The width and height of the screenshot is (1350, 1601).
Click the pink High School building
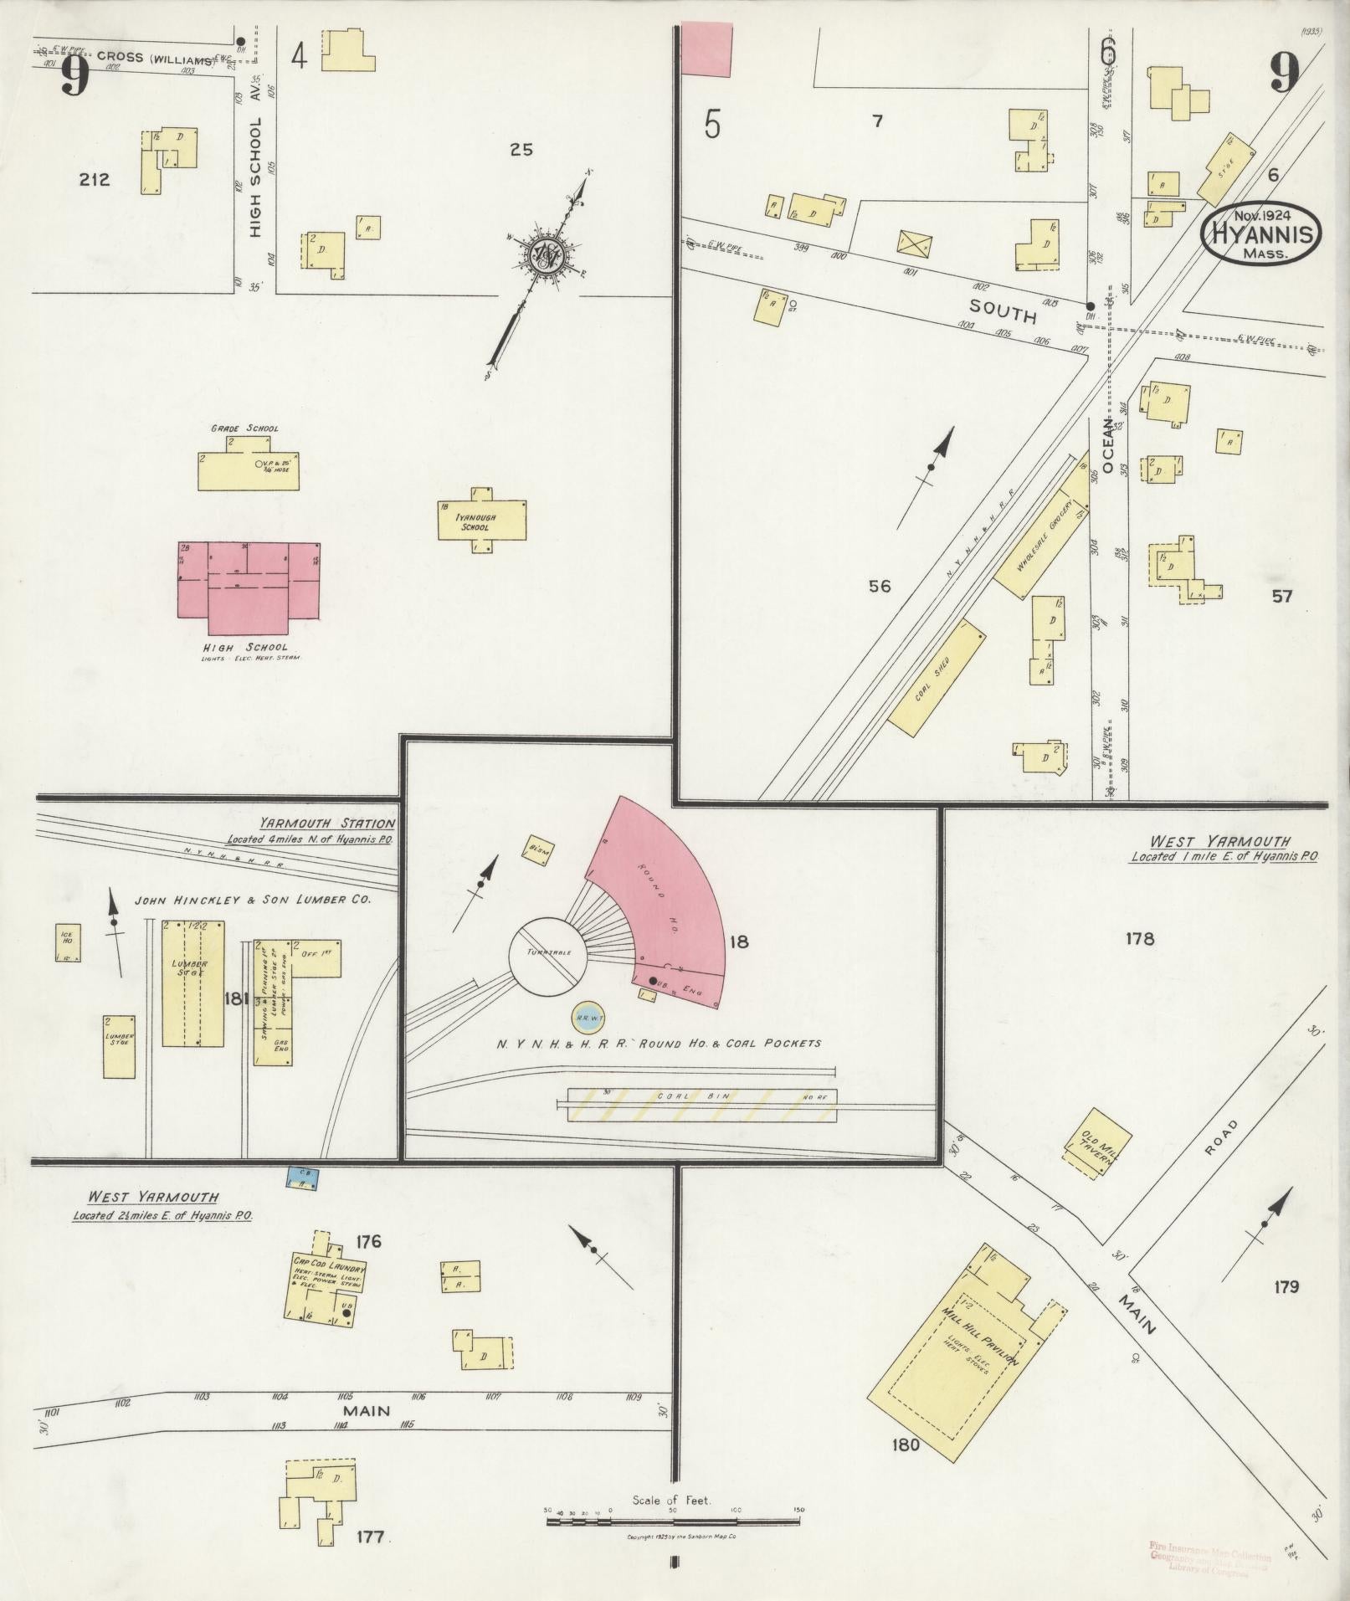pyautogui.click(x=249, y=590)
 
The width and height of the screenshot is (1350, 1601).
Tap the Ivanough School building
pyautogui.click(x=482, y=521)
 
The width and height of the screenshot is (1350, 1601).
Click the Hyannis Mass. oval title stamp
pyautogui.click(x=1262, y=234)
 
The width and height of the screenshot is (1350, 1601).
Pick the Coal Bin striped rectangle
pyautogui.click(x=701, y=1106)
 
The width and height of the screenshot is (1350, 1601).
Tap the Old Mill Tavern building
pyautogui.click(x=1097, y=1142)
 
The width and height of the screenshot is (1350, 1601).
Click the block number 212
pyautogui.click(x=94, y=179)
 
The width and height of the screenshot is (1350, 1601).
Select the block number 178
pyautogui.click(x=1139, y=938)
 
